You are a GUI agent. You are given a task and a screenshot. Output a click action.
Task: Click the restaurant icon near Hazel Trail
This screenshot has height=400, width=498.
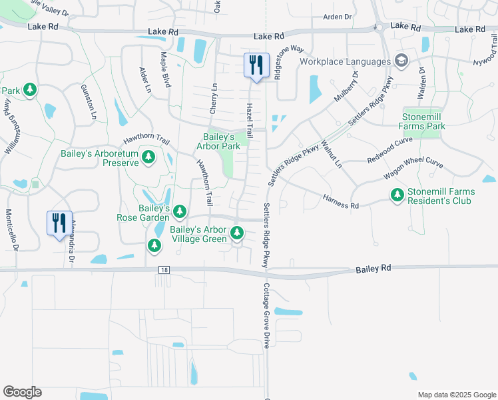click(256, 65)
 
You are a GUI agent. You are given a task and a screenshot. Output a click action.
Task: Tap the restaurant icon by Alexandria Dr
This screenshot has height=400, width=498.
click(59, 223)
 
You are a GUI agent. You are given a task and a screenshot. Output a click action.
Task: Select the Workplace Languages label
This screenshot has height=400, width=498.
click(344, 62)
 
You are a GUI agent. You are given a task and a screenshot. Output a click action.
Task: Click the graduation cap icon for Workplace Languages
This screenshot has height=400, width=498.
click(401, 61)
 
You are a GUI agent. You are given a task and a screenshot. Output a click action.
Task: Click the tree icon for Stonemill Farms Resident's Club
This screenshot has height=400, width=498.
click(397, 195)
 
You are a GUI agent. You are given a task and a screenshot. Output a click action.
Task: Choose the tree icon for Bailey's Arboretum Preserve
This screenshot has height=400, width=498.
click(149, 157)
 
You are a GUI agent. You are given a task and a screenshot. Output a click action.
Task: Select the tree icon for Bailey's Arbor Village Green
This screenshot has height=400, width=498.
click(236, 233)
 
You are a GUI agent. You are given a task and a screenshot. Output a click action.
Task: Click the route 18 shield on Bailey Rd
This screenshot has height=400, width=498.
click(164, 269)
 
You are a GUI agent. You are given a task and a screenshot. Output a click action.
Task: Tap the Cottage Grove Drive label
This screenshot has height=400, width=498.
click(266, 315)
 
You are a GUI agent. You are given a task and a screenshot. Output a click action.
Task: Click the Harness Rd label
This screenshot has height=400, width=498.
click(341, 201)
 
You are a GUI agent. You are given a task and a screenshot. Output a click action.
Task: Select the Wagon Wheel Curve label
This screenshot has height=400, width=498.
click(413, 168)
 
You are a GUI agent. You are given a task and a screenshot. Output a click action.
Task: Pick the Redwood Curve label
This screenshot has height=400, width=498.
click(390, 150)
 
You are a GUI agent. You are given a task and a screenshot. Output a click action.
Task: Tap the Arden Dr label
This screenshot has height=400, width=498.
click(337, 17)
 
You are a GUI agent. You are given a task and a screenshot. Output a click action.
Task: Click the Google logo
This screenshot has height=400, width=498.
click(22, 392)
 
